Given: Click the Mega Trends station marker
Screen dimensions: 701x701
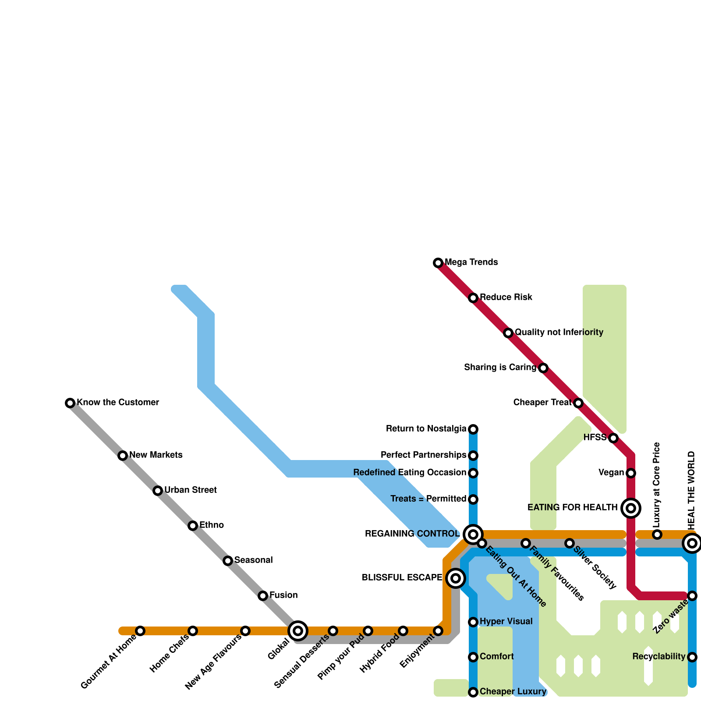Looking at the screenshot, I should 438,263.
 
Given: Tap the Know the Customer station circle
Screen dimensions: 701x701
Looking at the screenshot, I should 70,403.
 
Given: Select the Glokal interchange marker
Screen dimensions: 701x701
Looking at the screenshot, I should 298,631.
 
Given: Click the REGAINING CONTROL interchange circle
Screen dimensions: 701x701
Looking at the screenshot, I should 473,534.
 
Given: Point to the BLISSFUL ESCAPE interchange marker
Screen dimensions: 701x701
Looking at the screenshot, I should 456,578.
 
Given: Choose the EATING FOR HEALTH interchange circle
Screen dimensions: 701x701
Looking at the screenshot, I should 631,508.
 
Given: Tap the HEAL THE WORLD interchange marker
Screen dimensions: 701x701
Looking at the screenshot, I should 692,543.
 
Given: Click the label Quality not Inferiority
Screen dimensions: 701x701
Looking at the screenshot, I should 559,333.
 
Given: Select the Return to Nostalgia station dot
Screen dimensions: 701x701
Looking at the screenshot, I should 473,429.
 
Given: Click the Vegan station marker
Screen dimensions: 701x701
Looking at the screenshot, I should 631,473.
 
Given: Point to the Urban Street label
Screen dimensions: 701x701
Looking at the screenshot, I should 191,490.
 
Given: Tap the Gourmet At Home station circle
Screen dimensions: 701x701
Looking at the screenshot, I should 140,631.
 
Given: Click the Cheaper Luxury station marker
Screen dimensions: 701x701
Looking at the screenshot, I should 473,692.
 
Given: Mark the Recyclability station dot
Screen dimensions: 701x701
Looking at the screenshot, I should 692,657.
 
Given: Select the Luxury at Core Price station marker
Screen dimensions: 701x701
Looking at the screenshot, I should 657,535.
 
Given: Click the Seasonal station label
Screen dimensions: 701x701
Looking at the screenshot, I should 254,560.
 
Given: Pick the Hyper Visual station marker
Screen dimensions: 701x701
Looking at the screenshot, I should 473,622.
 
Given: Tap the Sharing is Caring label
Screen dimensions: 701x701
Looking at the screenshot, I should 500,368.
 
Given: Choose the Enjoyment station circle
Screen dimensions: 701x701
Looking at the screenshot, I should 438,631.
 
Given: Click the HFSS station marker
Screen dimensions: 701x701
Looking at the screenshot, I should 613,438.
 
